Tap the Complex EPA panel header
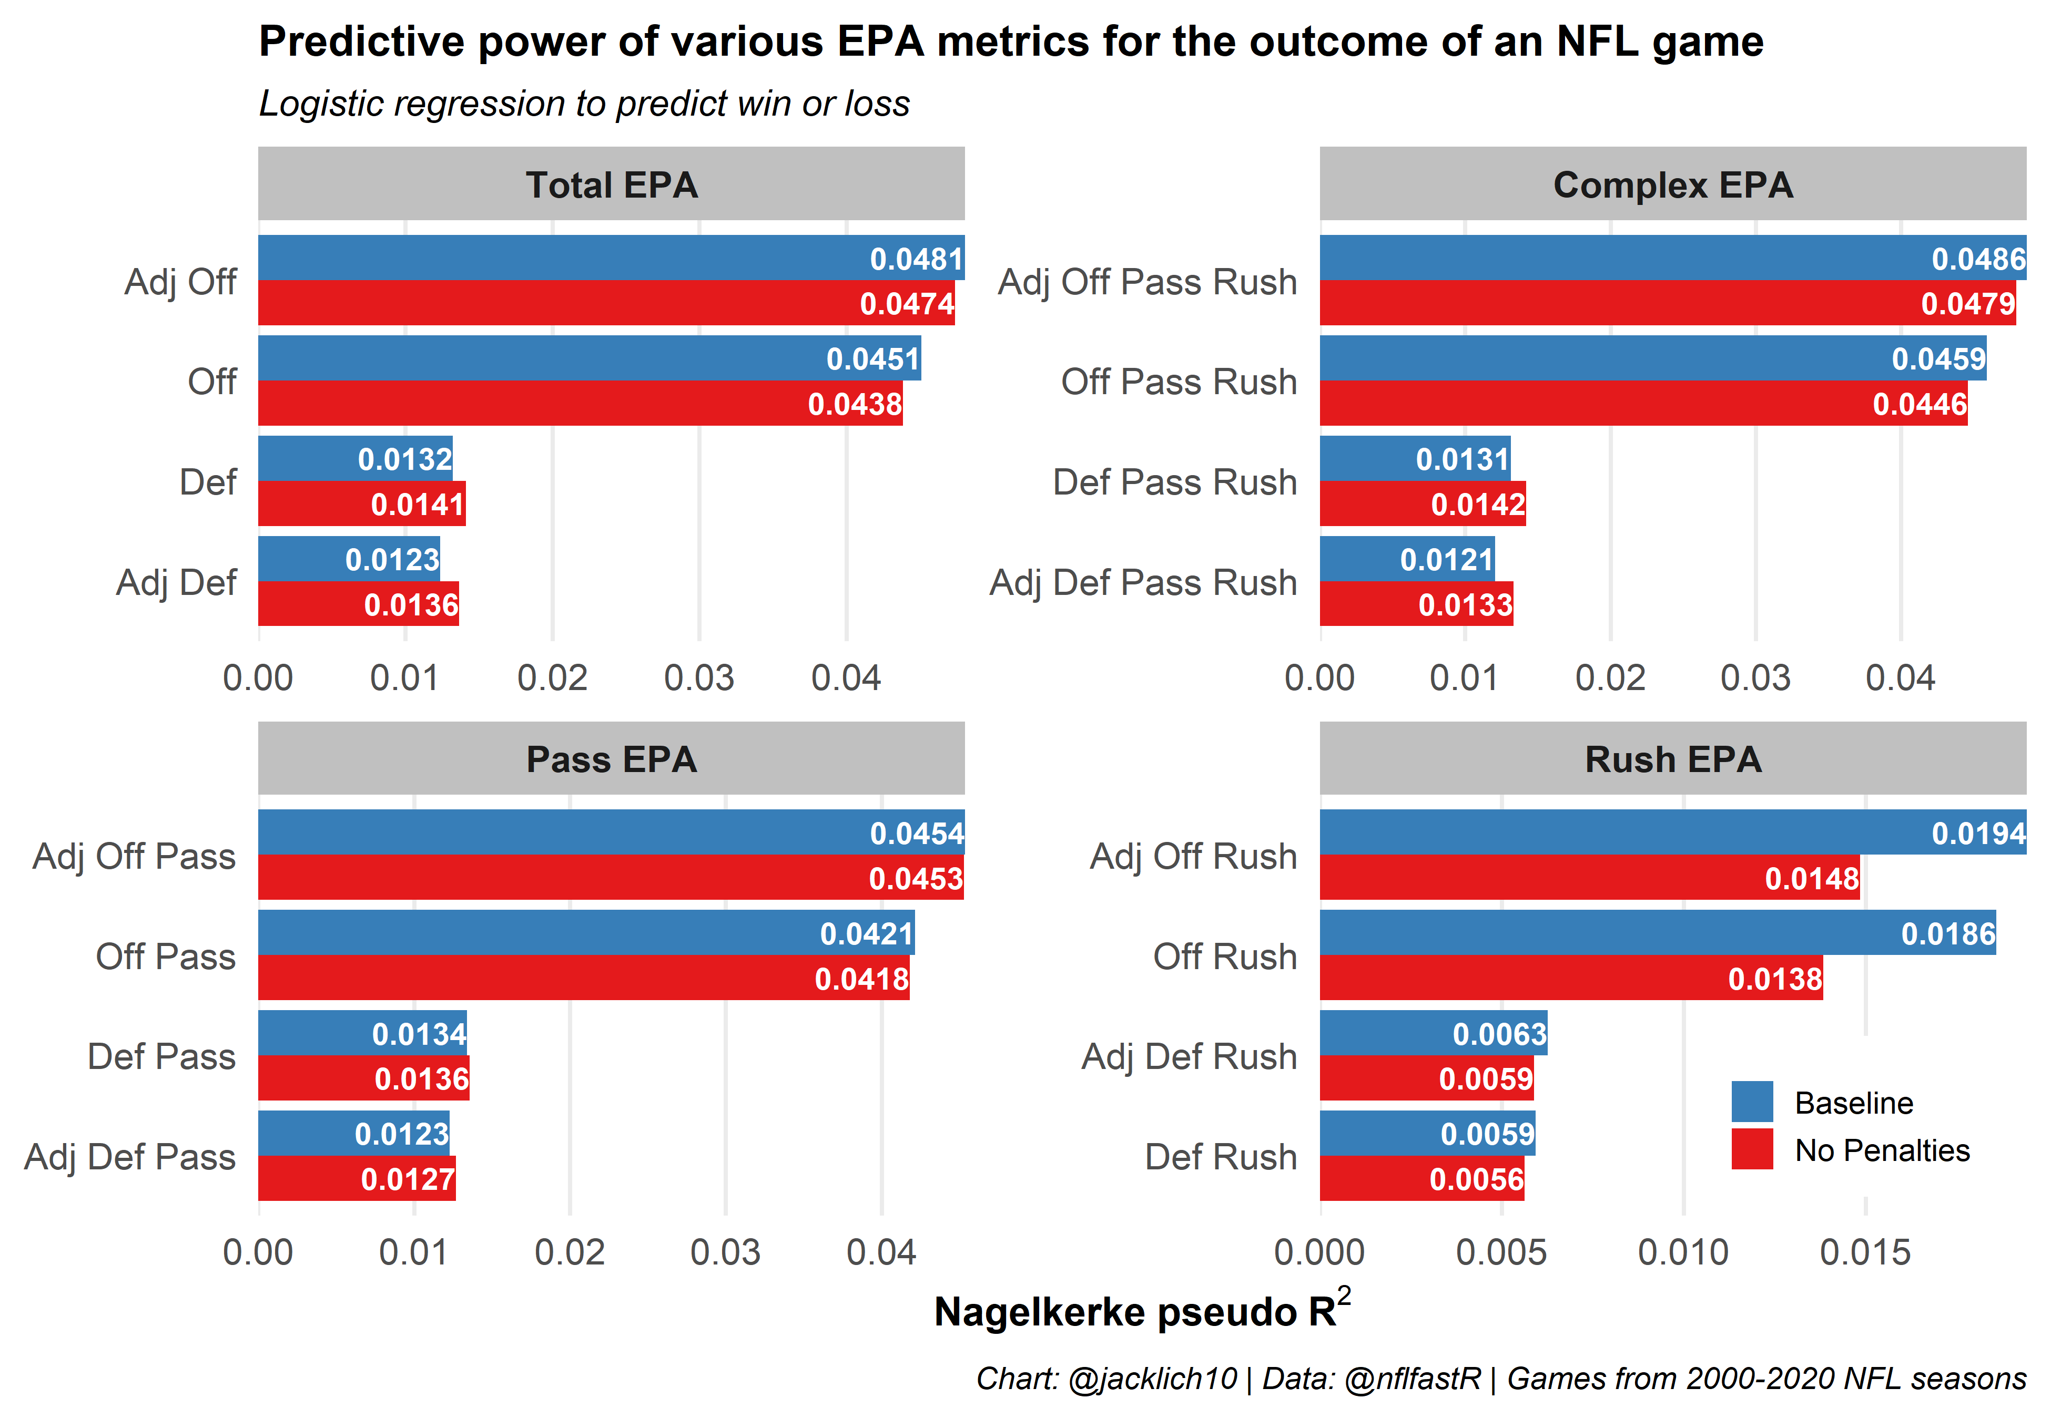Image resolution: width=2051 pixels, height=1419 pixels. pyautogui.click(x=1672, y=184)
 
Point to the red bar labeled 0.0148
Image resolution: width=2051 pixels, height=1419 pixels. pyautogui.click(x=1589, y=878)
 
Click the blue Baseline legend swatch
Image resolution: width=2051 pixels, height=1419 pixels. pyautogui.click(x=1751, y=1102)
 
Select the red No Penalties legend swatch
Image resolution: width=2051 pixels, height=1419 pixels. pyautogui.click(x=1751, y=1149)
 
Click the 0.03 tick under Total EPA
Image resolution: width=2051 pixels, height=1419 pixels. pyautogui.click(x=699, y=677)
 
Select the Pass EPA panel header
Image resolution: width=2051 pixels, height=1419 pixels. pyautogui.click(x=611, y=758)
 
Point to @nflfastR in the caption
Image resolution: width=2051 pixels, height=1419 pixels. pyautogui.click(x=1413, y=1378)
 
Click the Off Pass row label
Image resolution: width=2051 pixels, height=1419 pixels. pyautogui.click(x=166, y=957)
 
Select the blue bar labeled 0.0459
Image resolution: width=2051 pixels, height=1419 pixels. pyautogui.click(x=1652, y=358)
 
